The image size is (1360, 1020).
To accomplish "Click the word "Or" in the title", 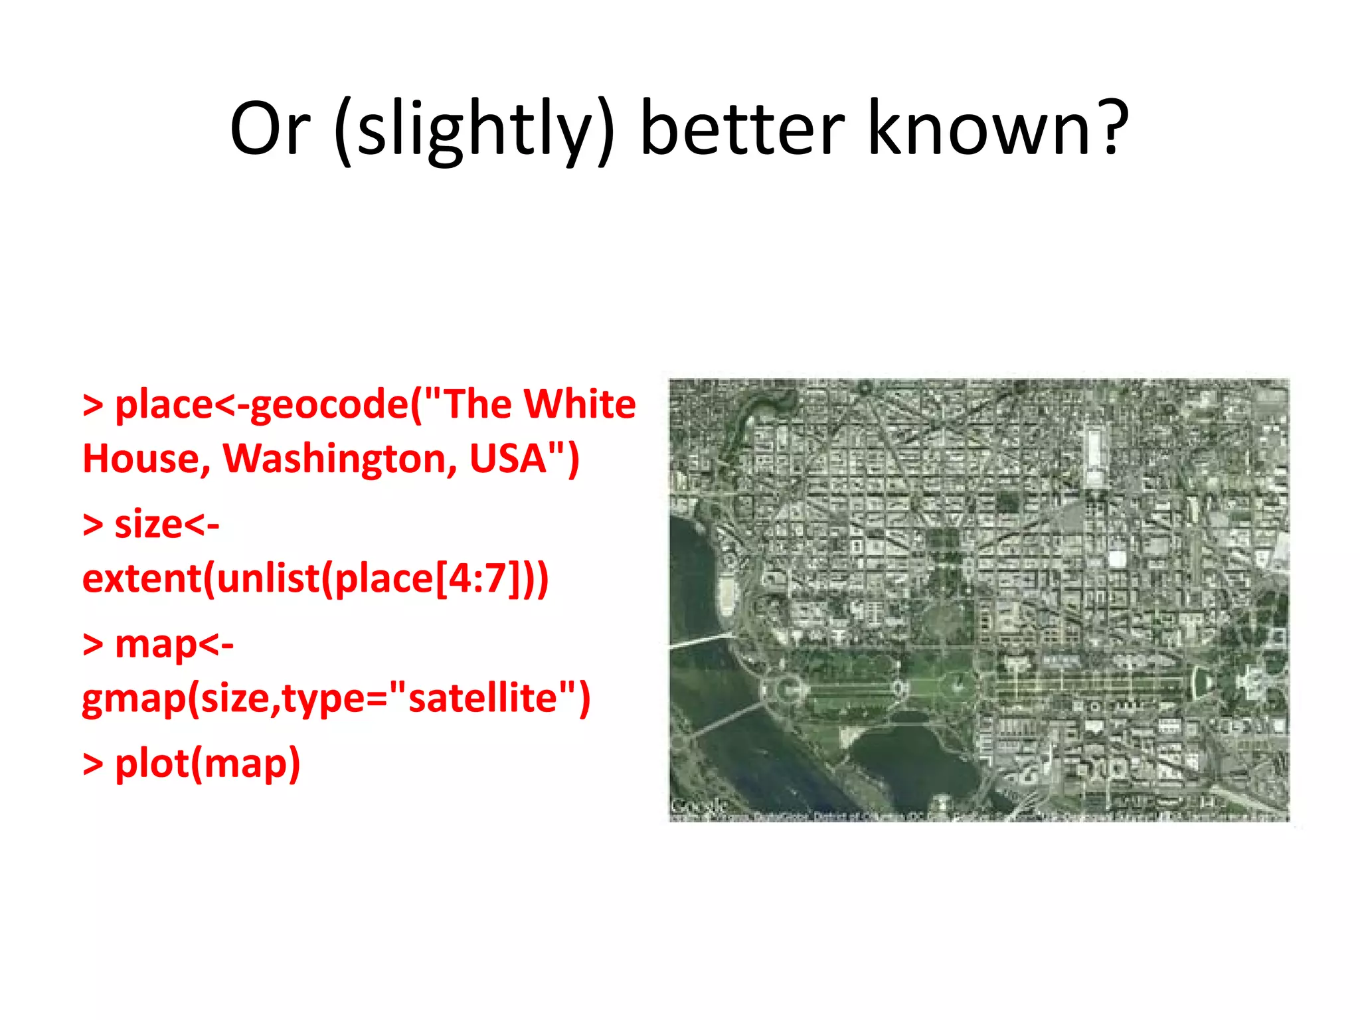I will (270, 128).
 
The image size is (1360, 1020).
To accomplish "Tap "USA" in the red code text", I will (508, 459).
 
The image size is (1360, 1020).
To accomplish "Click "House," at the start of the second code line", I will (147, 459).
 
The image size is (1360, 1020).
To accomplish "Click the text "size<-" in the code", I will (167, 525).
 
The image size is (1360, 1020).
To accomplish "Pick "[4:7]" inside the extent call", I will (472, 578).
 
